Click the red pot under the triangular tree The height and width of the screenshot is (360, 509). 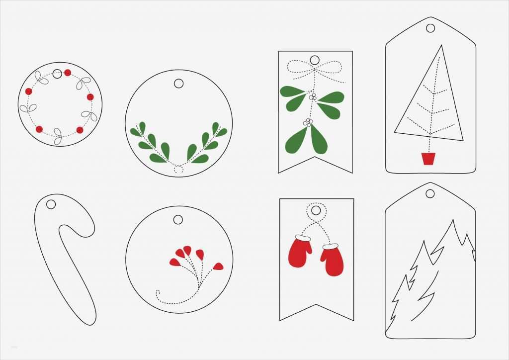428,159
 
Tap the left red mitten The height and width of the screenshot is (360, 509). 300,252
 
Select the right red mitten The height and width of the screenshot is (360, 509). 332,260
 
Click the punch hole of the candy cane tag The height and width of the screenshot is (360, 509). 51,204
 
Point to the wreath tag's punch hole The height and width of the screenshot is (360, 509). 57,73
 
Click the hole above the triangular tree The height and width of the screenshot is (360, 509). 430,28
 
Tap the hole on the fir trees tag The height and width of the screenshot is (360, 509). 430,193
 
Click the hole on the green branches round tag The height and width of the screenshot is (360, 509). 179,83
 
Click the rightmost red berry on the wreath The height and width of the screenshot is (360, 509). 90,97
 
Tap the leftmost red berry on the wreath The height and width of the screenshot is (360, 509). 28,91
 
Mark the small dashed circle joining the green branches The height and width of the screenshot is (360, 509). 178,169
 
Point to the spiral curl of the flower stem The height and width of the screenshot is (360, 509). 159,295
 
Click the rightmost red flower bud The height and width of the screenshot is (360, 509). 218,267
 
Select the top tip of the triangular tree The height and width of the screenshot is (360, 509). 440,46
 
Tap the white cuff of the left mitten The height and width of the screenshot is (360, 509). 304,239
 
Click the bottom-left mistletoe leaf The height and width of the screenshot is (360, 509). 294,141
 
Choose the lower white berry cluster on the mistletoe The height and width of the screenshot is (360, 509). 308,122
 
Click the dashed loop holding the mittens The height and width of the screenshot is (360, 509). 315,211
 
